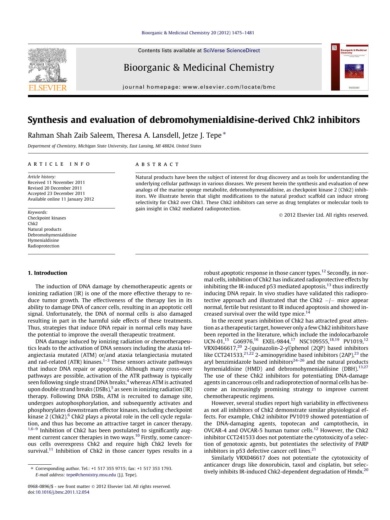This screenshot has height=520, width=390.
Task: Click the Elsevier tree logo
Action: click(47, 65)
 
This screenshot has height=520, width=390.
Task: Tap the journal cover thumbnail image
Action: click(349, 67)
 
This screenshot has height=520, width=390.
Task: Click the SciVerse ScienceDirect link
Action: click(231, 50)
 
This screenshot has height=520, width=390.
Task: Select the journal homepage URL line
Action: click(199, 87)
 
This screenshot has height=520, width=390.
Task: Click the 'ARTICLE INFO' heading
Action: click(59, 164)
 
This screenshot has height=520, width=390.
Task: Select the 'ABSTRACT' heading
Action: click(157, 164)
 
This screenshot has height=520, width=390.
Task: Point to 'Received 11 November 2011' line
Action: click(56, 182)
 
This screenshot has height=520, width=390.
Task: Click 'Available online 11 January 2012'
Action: click(61, 199)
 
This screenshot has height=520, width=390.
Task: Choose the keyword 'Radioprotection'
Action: click(43, 246)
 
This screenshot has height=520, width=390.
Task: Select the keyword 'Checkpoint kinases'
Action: click(47, 218)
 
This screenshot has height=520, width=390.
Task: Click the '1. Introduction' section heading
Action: click(47, 273)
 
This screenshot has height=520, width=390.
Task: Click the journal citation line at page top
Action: click(198, 33)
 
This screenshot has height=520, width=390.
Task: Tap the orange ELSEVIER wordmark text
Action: click(47, 87)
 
